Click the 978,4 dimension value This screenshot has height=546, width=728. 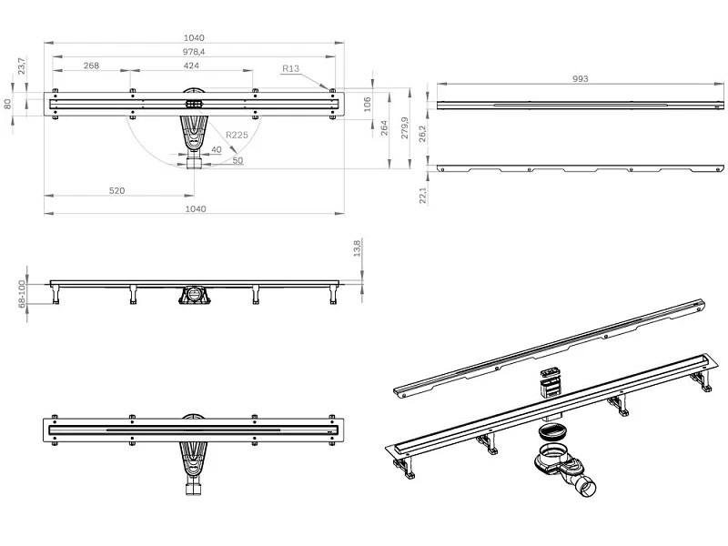194,52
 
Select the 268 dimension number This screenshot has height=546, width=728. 91,66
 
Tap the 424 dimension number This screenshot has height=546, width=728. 191,66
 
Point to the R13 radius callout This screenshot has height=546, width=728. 291,68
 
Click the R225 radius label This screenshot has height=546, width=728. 238,135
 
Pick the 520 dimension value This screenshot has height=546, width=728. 116,190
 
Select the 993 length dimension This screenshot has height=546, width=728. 581,79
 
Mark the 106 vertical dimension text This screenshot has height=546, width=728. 369,102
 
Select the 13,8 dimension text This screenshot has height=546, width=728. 359,248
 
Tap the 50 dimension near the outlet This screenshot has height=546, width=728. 238,160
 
